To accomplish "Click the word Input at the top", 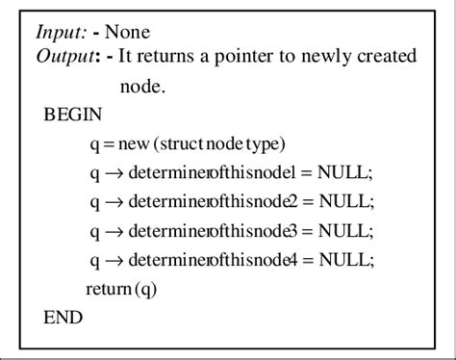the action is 58,32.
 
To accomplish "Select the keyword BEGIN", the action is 72,116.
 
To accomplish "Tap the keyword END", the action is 63,317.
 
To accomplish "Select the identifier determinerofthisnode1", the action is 206,173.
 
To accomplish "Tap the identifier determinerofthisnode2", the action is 206,202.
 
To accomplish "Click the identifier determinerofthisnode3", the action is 206,231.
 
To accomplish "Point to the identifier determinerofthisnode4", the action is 206,260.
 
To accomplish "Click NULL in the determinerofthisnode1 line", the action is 341,173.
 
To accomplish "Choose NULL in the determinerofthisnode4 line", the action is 341,260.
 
